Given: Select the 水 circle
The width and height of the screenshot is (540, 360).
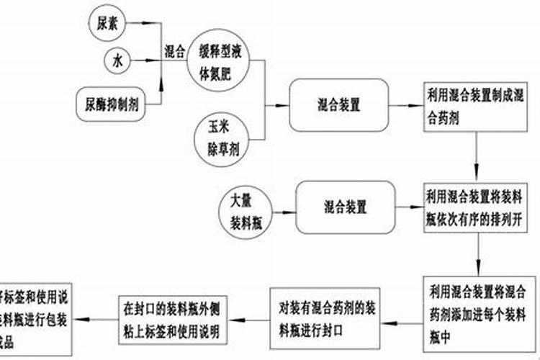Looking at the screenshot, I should [x=117, y=62].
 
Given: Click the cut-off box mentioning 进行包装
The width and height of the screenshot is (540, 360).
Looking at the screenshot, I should [x=36, y=316].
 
